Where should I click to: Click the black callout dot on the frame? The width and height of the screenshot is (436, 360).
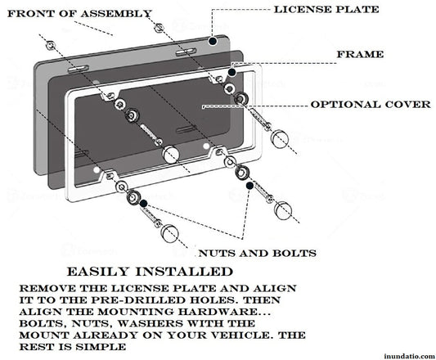(232, 73)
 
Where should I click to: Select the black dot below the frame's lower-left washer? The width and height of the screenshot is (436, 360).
(143, 203)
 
